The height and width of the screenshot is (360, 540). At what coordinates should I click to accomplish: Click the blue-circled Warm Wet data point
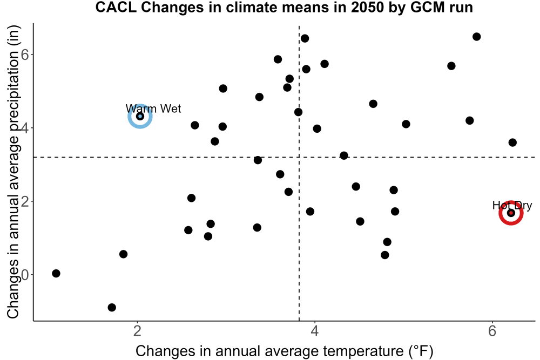[x=140, y=117]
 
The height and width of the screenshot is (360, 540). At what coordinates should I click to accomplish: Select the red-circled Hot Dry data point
[x=511, y=213]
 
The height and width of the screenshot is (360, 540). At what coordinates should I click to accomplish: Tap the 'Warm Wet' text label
[x=153, y=108]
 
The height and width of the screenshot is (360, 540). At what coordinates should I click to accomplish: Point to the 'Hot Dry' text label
[x=512, y=206]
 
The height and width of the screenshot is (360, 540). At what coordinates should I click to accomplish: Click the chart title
[x=284, y=7]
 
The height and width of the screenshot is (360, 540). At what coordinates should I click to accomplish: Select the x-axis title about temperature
[x=285, y=351]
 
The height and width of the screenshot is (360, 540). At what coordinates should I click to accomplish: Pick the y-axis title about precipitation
[x=14, y=172]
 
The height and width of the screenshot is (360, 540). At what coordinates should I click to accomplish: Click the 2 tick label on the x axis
[x=138, y=331]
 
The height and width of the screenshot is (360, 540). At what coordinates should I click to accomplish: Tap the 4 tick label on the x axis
[x=314, y=331]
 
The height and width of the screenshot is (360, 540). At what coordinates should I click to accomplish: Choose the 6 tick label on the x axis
[x=492, y=331]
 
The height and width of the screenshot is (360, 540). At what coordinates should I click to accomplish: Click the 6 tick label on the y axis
[x=25, y=55]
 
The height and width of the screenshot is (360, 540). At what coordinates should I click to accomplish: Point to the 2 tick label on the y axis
[x=25, y=201]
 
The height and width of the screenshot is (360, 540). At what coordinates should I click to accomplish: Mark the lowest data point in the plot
[x=112, y=307]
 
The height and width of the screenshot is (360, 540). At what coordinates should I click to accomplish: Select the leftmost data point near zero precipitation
[x=56, y=273]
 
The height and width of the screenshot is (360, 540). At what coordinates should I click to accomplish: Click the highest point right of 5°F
[x=477, y=37]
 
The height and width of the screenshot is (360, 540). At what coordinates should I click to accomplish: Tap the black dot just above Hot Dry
[x=512, y=142]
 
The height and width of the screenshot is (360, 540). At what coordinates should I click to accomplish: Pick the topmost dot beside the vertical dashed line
[x=305, y=38]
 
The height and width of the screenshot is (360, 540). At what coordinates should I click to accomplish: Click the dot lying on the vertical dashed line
[x=298, y=112]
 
